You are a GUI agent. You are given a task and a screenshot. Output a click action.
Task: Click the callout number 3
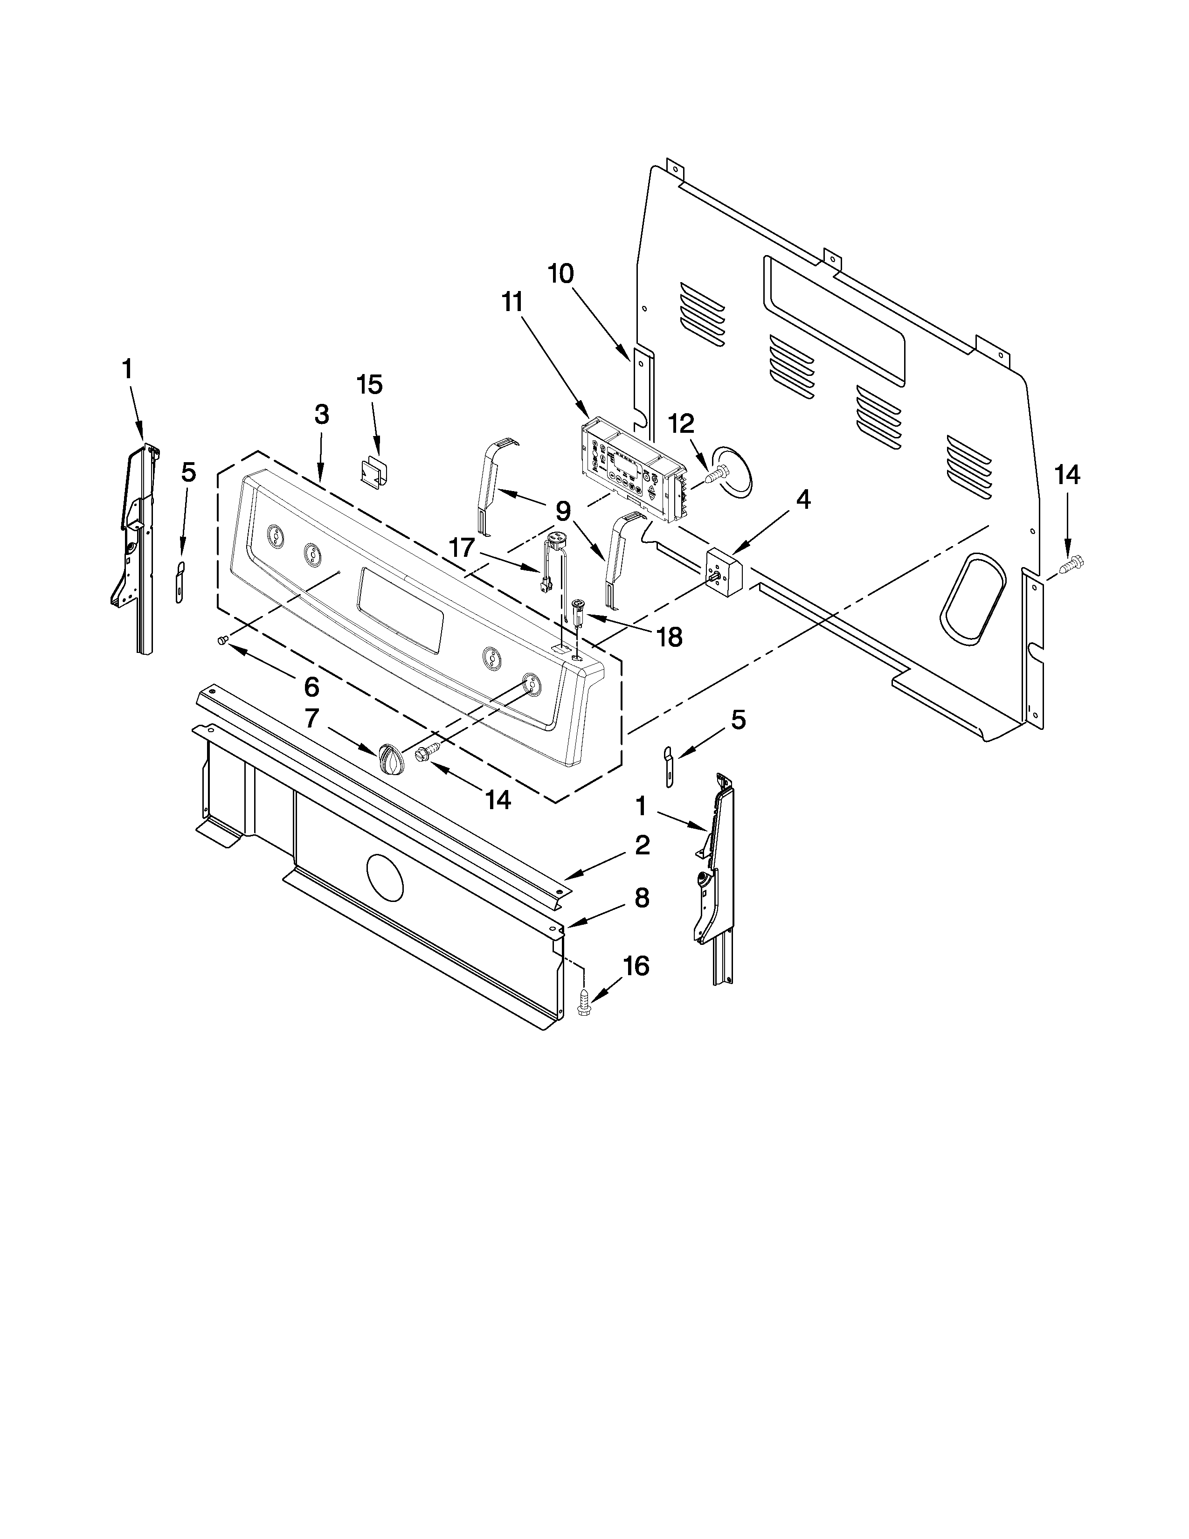click(x=321, y=415)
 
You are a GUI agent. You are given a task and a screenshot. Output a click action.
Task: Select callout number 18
click(x=669, y=638)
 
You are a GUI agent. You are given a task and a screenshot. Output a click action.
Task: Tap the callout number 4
click(x=803, y=500)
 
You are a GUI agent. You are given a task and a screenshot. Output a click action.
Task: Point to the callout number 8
click(x=641, y=899)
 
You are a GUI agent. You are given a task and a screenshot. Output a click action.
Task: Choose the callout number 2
click(x=642, y=846)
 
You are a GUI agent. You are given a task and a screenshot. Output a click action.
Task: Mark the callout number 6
click(x=311, y=686)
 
